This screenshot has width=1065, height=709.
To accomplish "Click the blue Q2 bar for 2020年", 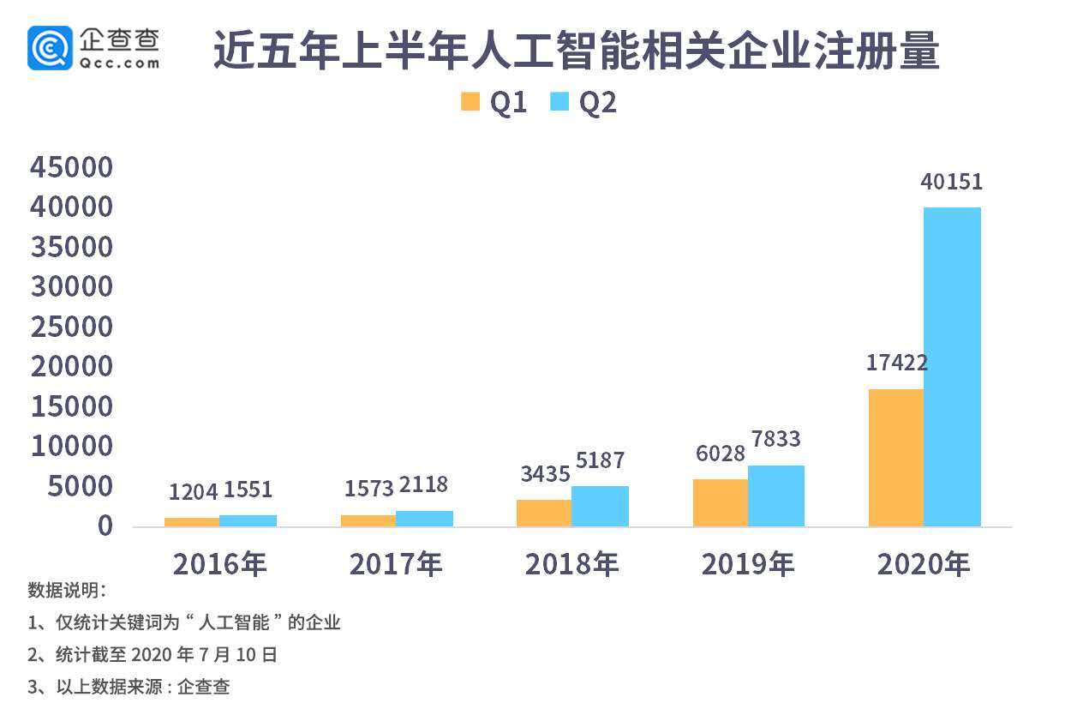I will (952, 367).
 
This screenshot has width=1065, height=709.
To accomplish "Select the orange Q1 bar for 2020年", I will (896, 458).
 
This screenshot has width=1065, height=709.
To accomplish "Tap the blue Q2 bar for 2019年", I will (775, 496).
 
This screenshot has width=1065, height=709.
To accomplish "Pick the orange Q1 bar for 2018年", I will (544, 513).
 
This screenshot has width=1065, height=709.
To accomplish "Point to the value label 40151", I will (951, 183).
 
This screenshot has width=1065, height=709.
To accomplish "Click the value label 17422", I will (896, 363).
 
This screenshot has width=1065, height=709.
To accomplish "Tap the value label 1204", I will (193, 491).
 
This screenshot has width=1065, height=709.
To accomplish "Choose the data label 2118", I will (423, 485).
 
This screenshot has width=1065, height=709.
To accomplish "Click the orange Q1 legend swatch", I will (470, 102).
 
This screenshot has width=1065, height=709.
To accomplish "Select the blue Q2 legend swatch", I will (559, 102).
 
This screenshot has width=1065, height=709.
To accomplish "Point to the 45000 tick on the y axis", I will (72, 167).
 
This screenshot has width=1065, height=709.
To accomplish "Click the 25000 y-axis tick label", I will (72, 327).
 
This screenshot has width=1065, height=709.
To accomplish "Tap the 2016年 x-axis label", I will (220, 564).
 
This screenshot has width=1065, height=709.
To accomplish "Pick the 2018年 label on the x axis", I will (571, 564).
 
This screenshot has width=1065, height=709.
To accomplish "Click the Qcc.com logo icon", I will (50, 47).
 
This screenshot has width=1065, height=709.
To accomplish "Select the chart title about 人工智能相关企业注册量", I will (576, 51).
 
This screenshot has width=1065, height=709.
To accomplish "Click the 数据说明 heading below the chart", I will (67, 590).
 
